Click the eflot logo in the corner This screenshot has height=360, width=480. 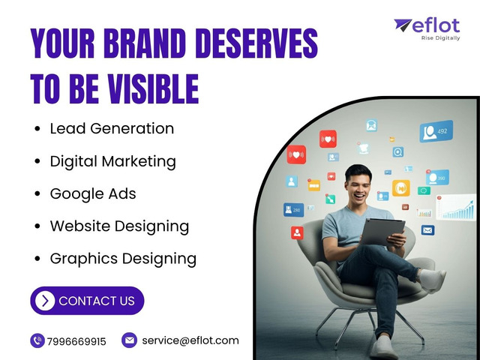tap(427, 29)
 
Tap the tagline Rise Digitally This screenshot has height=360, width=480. tap(440, 38)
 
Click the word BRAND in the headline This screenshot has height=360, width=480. tap(145, 43)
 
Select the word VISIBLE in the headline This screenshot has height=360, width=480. tap(153, 88)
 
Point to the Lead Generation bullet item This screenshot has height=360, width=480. tap(112, 128)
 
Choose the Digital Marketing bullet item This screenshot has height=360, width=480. tap(112, 161)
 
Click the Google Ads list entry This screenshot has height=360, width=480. tap(93, 193)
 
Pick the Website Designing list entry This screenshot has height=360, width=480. tap(119, 226)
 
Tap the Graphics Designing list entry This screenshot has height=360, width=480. tap(123, 259)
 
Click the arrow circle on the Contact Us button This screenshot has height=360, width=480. tap(45, 301)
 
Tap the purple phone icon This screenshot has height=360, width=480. tap(37, 340)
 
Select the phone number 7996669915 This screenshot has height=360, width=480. tap(76, 341)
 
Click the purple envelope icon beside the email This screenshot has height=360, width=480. tap(129, 340)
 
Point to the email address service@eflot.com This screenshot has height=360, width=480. tap(190, 340)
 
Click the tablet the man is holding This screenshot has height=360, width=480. tap(382, 232)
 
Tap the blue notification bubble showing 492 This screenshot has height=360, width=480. tap(436, 131)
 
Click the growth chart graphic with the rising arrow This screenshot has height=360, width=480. tap(456, 207)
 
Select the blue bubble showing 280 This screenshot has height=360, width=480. tap(293, 210)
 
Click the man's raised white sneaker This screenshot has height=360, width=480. tap(432, 280)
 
